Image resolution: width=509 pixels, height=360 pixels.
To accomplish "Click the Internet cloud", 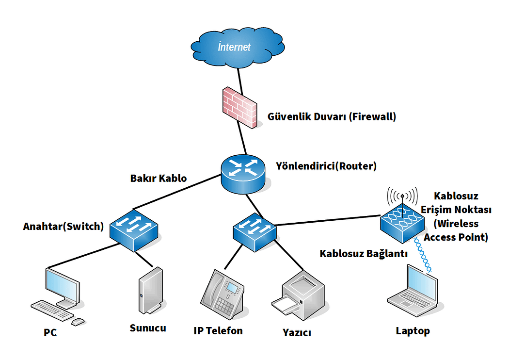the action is click(238, 48).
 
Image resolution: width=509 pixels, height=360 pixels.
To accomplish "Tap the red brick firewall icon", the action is click(239, 108).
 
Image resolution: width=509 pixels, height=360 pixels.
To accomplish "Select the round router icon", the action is click(243, 174).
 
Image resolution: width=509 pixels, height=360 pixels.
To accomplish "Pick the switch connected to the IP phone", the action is click(255, 232).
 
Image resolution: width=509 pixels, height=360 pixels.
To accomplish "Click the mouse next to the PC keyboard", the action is click(78, 322).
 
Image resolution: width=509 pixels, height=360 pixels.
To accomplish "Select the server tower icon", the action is click(151, 291).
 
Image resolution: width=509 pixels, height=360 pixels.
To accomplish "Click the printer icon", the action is click(298, 295).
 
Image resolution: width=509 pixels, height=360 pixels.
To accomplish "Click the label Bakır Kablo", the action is click(159, 179).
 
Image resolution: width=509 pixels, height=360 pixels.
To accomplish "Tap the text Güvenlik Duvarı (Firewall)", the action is click(332, 116).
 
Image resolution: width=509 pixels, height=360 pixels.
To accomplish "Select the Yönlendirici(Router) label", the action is click(326, 166).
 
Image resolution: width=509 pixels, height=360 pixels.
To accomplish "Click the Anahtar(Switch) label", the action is click(64, 226).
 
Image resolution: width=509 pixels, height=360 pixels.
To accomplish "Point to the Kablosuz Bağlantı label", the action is click(364, 253).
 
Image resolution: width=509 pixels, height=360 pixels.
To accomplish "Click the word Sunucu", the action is click(148, 328).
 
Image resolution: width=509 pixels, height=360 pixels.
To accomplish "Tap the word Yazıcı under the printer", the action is click(297, 333).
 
